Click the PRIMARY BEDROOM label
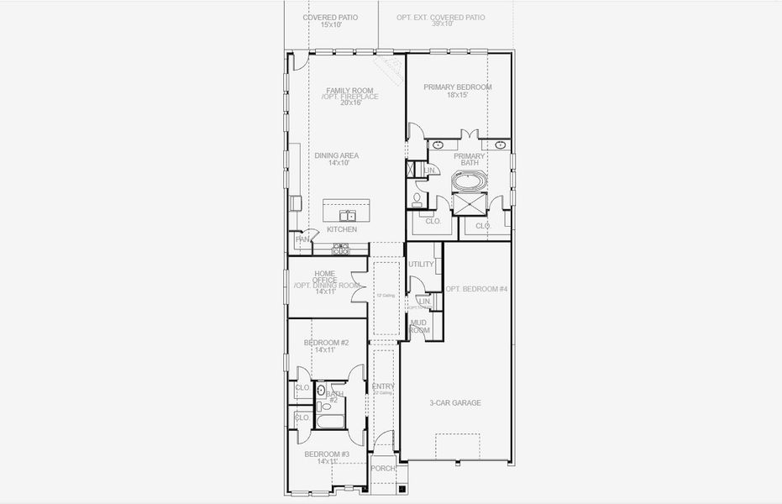(x=457, y=87)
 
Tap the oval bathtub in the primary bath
(x=467, y=180)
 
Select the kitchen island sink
(x=347, y=215)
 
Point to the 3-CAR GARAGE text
(x=454, y=403)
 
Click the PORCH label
(x=383, y=468)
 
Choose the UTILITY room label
(x=421, y=265)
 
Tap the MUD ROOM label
(x=419, y=326)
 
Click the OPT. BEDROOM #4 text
(x=476, y=289)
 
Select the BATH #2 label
(x=335, y=393)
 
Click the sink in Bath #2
(x=321, y=391)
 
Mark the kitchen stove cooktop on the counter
(x=340, y=249)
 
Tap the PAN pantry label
(x=302, y=239)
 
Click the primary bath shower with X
(x=466, y=204)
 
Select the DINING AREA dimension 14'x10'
(x=338, y=163)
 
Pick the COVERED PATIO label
(x=330, y=17)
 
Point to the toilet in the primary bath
(x=417, y=199)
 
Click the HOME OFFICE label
(x=325, y=273)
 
